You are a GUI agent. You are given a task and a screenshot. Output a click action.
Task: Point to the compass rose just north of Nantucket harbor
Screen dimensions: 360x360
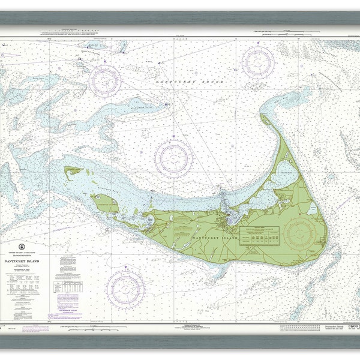(173, 157)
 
